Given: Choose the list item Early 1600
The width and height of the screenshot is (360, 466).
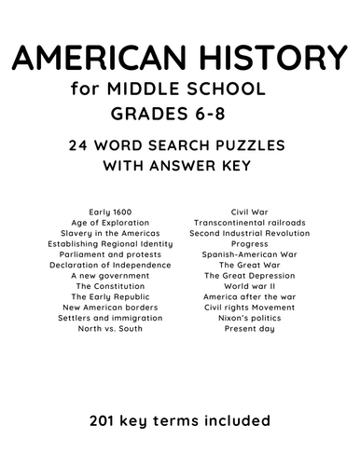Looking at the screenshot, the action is pos(104,212).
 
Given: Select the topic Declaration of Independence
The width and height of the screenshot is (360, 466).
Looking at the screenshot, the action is pos(104,265).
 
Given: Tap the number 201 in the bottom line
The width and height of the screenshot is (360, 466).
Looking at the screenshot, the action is pos(105,420).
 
